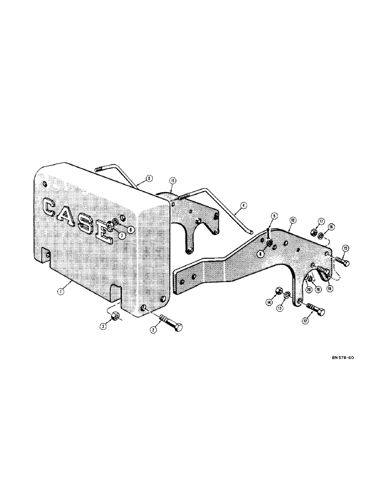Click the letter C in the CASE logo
tap(51, 207)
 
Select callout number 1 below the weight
tap(59, 291)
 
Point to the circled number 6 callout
tap(130, 229)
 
